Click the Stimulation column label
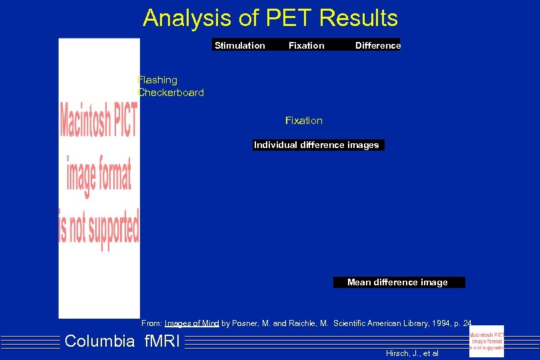pyautogui.click(x=239, y=45)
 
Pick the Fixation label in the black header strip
pyautogui.click(x=306, y=45)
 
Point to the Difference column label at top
pyautogui.click(x=378, y=45)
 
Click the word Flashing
pyautogui.click(x=158, y=80)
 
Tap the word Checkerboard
pyautogui.click(x=171, y=93)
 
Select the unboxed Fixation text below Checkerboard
pyautogui.click(x=303, y=121)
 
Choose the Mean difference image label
pyautogui.click(x=397, y=282)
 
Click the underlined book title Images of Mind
pyautogui.click(x=191, y=323)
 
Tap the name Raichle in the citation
pyautogui.click(x=302, y=323)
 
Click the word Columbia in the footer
pyautogui.click(x=100, y=342)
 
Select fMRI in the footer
pyautogui.click(x=161, y=342)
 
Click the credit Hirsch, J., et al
pyautogui.click(x=412, y=353)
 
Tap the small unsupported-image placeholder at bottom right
pyautogui.click(x=486, y=340)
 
